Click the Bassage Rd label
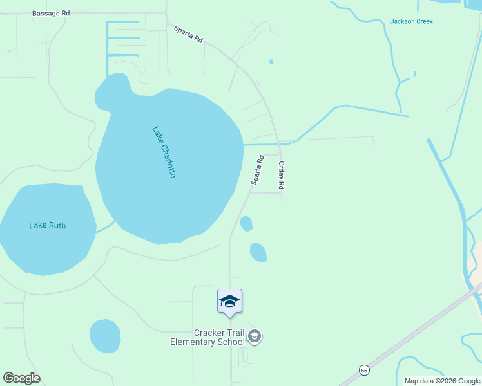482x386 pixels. (51, 13)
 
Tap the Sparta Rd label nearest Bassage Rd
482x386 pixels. (188, 34)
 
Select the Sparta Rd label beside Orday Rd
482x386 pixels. (257, 170)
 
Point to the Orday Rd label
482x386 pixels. (281, 175)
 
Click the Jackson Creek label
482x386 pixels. (411, 21)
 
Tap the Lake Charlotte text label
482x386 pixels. (164, 152)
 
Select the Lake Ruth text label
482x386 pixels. (48, 225)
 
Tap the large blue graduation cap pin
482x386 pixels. (230, 302)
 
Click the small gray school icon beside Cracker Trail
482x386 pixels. (255, 336)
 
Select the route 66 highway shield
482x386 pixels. (364, 371)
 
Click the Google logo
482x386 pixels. (21, 378)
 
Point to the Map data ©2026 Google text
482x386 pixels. (441, 381)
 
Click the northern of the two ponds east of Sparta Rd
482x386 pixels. (246, 223)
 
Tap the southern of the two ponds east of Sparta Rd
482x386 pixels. (258, 252)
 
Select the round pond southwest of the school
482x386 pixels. (105, 336)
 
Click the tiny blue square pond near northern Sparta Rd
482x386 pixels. (271, 62)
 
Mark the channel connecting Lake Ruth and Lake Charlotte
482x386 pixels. (105, 227)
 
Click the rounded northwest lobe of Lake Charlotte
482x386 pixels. (111, 92)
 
